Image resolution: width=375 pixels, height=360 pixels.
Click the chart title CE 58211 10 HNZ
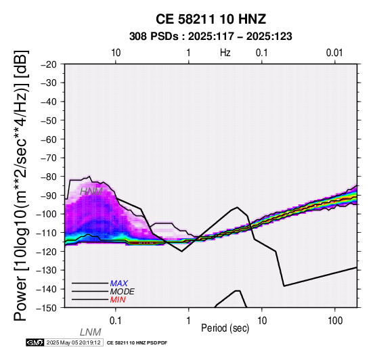click(x=211, y=19)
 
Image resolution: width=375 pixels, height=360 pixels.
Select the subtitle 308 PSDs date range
click(x=211, y=37)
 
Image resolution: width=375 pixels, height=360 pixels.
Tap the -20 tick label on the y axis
click(x=49, y=64)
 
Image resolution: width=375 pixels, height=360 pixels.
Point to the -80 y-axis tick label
click(x=49, y=177)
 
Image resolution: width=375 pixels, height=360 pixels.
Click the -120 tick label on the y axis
click(x=46, y=252)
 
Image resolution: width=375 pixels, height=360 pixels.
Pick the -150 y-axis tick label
click(x=46, y=308)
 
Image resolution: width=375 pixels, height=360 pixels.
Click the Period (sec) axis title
click(x=225, y=328)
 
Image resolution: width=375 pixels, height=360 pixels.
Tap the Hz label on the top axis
click(x=225, y=53)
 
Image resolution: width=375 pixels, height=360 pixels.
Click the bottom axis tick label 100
click(x=335, y=321)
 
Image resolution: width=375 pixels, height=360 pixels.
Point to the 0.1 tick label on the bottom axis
click(x=116, y=321)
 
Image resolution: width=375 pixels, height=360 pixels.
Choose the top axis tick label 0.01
click(x=334, y=53)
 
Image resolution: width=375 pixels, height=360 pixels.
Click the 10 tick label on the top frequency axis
click(x=116, y=53)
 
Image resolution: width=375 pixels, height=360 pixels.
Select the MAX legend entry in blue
click(x=118, y=284)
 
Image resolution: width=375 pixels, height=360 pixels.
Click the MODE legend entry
click(x=122, y=292)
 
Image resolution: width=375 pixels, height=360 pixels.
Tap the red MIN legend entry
click(x=118, y=300)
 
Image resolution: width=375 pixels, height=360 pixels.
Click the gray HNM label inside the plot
click(x=91, y=192)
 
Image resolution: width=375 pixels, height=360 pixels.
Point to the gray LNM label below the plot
click(x=91, y=332)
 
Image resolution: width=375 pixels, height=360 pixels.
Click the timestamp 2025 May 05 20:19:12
click(x=73, y=342)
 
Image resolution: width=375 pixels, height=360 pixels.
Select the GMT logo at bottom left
click(x=35, y=342)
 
